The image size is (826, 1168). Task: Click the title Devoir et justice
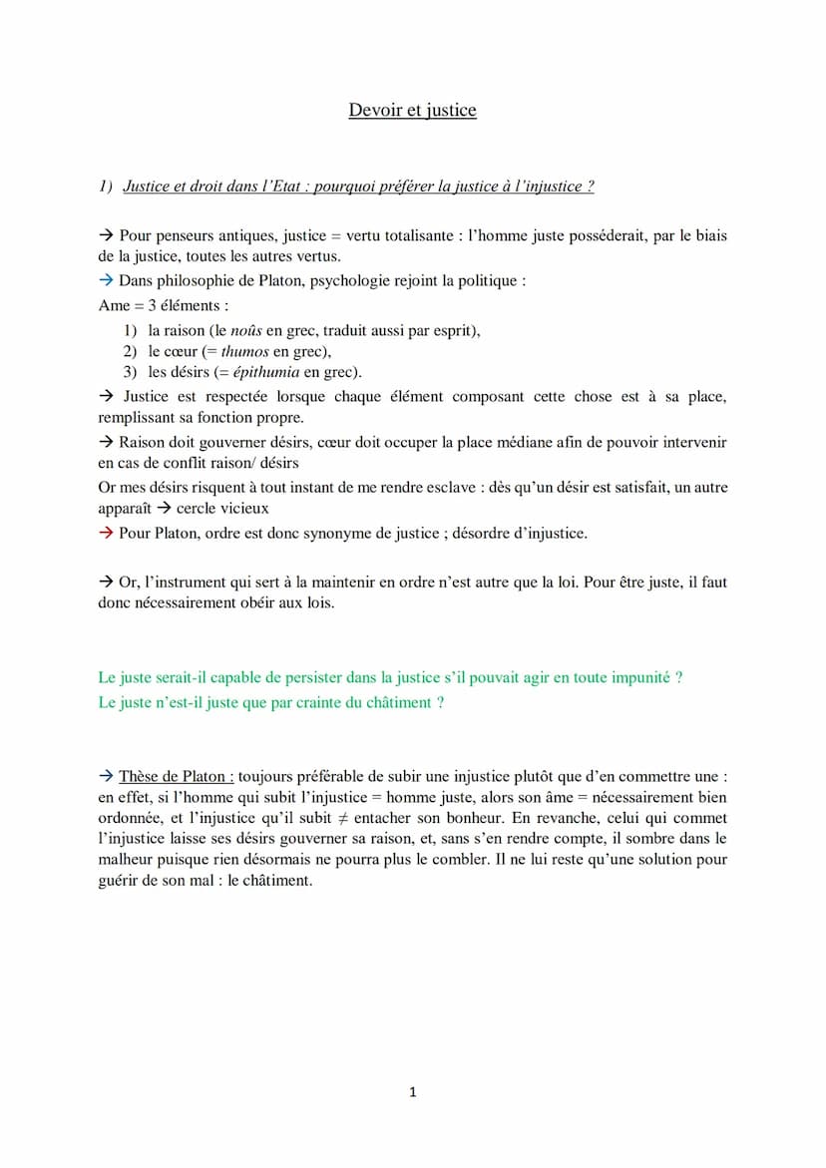point(412,110)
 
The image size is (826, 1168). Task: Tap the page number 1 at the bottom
point(413,1093)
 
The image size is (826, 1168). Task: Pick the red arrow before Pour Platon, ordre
point(106,533)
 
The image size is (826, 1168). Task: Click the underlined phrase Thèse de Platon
point(176,776)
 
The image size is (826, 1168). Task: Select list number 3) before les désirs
point(130,372)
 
